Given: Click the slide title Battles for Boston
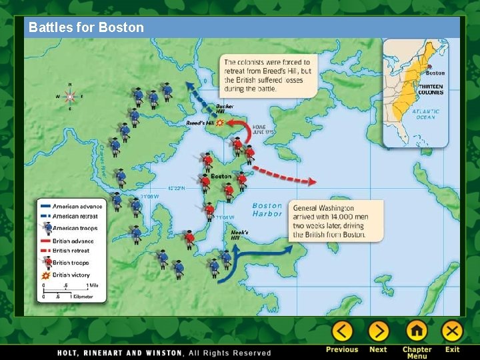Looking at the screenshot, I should [x=86, y=27].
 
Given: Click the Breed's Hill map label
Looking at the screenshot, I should [x=199, y=123].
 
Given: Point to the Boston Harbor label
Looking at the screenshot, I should [x=267, y=209].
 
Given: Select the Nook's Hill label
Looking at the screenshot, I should [x=239, y=235].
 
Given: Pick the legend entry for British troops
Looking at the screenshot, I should [x=70, y=263].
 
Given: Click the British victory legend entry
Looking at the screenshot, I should [x=71, y=275].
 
